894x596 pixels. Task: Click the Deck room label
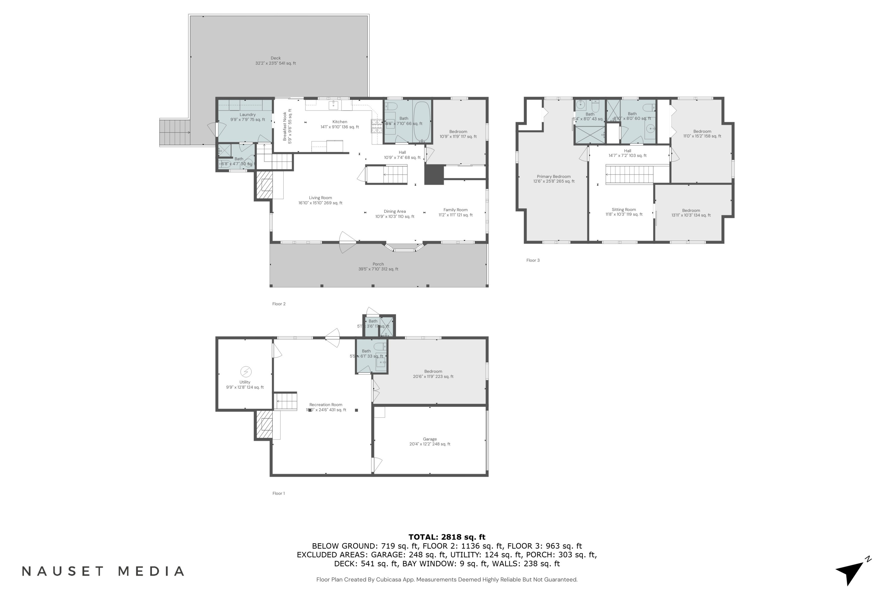(276, 61)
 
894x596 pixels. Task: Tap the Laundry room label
(247, 117)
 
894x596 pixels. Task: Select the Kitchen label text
(339, 124)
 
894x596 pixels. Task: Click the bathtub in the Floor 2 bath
(422, 121)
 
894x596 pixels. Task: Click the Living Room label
(320, 200)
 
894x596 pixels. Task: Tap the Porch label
(378, 266)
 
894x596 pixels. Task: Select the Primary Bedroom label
(553, 179)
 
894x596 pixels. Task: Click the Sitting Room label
(623, 212)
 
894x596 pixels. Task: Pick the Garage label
(429, 441)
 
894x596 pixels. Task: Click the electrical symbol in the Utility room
(246, 371)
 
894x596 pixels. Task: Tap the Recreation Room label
(326, 407)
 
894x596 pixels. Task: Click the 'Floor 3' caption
(533, 260)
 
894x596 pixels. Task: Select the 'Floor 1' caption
(278, 493)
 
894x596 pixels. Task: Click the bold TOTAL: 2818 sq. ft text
(447, 537)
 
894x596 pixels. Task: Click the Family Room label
(455, 212)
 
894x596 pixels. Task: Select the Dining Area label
(395, 214)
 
